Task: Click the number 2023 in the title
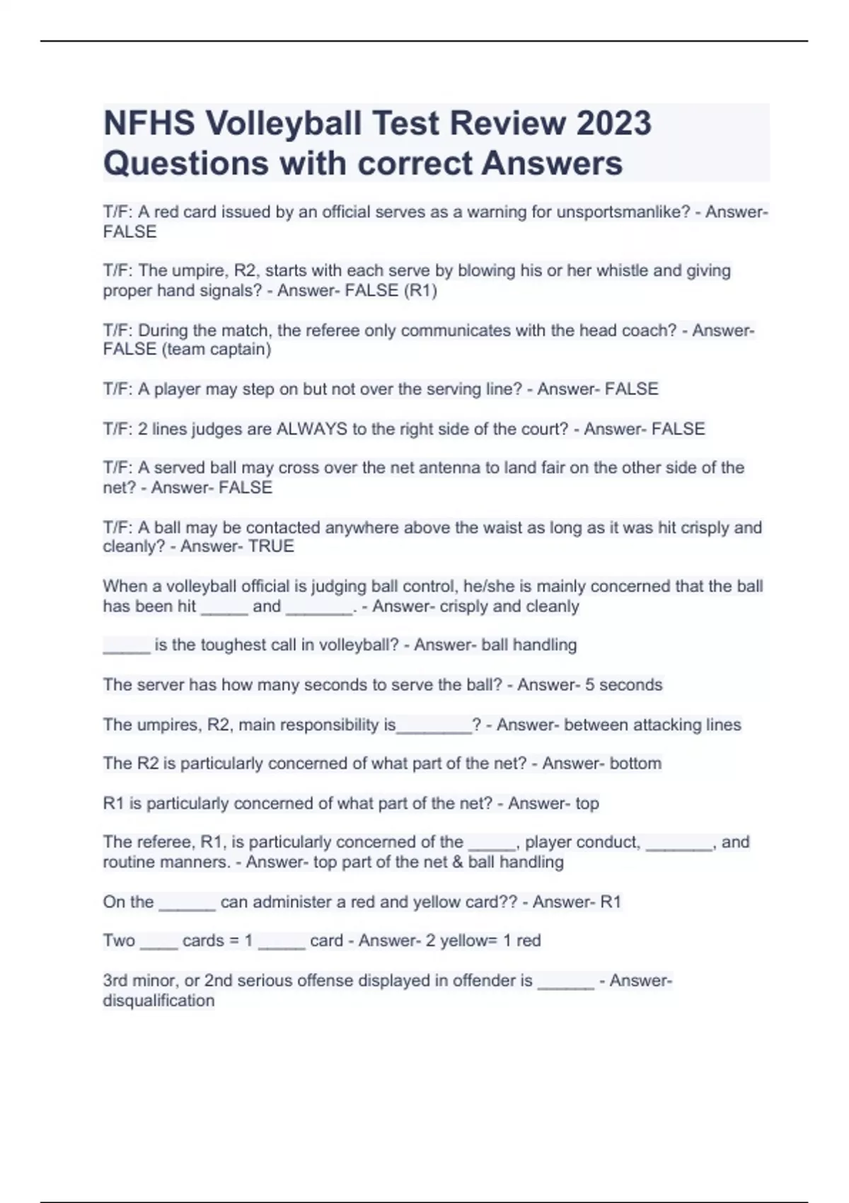pyautogui.click(x=613, y=123)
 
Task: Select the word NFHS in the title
pyautogui.click(x=149, y=123)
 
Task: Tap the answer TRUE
pyautogui.click(x=271, y=546)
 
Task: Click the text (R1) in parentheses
pyautogui.click(x=420, y=291)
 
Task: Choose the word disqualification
pyautogui.click(x=158, y=1001)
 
